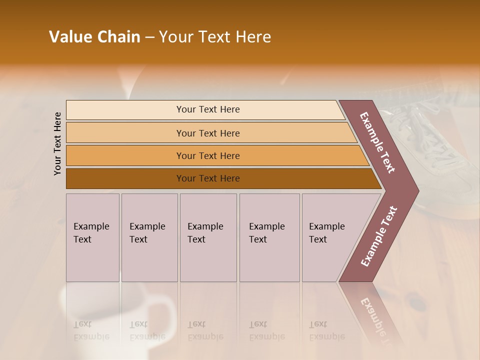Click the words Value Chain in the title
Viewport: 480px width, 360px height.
pos(94,37)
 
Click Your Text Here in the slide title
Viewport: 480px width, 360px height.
pos(215,37)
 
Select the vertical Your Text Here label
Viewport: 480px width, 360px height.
pos(57,144)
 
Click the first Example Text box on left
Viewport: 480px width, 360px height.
pos(92,237)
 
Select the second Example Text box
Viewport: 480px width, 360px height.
pos(149,237)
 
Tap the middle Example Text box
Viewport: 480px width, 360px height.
pos(208,237)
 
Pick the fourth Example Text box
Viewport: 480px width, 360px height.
pos(269,237)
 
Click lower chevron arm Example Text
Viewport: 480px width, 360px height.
pos(379,236)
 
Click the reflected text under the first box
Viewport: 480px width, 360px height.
pos(91,331)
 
